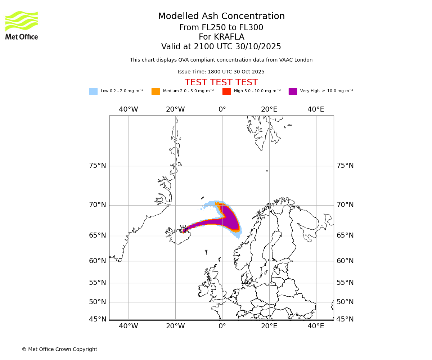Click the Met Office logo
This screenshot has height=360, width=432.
(22, 25)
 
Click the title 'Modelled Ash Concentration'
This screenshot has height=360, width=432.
(221, 17)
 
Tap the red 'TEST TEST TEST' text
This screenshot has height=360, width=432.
(221, 83)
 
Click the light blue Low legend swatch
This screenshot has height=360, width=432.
(93, 91)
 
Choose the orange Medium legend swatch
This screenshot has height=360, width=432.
(156, 91)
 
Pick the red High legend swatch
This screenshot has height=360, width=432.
(226, 91)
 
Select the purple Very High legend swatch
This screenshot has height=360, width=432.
(293, 91)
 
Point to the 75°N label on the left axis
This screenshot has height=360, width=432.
(98, 166)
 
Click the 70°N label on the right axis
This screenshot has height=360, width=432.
(345, 205)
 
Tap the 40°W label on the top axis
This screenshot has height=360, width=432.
(129, 109)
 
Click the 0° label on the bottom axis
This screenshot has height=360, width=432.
(222, 326)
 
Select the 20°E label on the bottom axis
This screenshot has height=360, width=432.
(269, 326)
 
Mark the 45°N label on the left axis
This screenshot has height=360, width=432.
(98, 319)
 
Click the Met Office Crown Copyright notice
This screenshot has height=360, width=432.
(59, 350)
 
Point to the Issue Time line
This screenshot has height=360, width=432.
(221, 72)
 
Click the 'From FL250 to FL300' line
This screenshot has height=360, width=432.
(221, 28)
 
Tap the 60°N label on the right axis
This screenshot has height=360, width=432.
(345, 261)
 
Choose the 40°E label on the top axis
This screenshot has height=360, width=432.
(316, 109)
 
